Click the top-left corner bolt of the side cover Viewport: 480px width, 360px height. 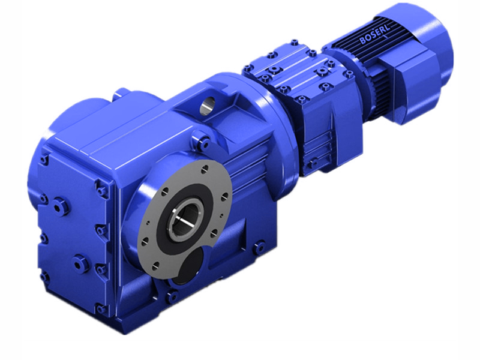[44, 160]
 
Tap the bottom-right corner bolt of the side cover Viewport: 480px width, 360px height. [100, 308]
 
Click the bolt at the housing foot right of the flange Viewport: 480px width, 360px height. [259, 245]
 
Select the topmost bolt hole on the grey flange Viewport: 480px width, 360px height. [206, 168]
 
